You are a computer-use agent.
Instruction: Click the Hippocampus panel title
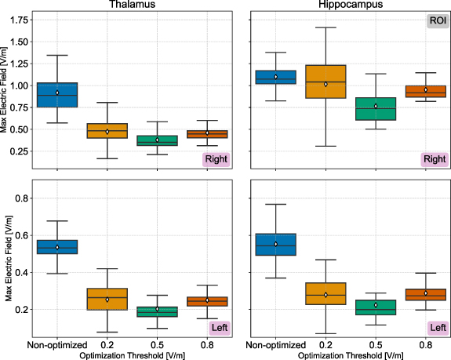(350, 5)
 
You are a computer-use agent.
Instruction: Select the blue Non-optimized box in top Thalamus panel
(57, 95)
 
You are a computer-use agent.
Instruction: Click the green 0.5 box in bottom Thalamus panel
(158, 311)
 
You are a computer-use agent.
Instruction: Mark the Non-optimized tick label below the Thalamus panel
(57, 345)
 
